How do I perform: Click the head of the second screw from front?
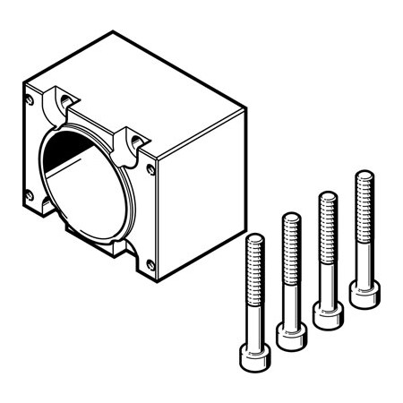(x=291, y=335)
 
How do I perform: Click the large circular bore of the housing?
(x=85, y=184)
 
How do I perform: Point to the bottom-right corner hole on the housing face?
(x=150, y=265)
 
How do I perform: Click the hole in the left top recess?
(x=65, y=96)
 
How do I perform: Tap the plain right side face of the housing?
(x=201, y=193)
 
